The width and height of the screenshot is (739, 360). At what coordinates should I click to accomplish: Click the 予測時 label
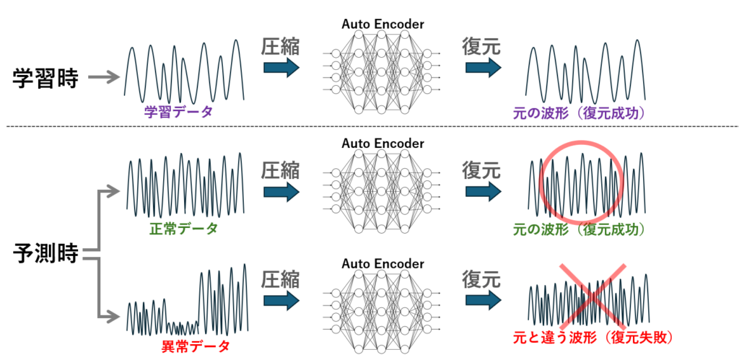(45, 254)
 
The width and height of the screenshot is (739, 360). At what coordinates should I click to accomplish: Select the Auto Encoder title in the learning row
(382, 25)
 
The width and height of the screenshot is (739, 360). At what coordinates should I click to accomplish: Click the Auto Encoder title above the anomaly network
(382, 263)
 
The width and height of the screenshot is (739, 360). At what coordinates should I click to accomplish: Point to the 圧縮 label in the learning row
(279, 47)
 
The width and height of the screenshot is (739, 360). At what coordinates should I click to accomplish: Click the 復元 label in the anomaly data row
(481, 279)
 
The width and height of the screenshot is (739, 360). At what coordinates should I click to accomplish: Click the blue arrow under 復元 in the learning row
(482, 68)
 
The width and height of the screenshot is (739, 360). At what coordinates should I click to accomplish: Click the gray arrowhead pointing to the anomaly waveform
(113, 315)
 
